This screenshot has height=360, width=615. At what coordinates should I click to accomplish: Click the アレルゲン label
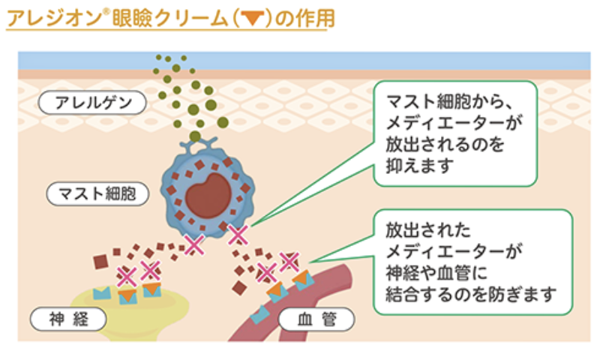94,101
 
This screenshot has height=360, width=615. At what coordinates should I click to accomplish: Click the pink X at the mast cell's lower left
193,243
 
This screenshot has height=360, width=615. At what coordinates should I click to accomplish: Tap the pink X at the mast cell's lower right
238,235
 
